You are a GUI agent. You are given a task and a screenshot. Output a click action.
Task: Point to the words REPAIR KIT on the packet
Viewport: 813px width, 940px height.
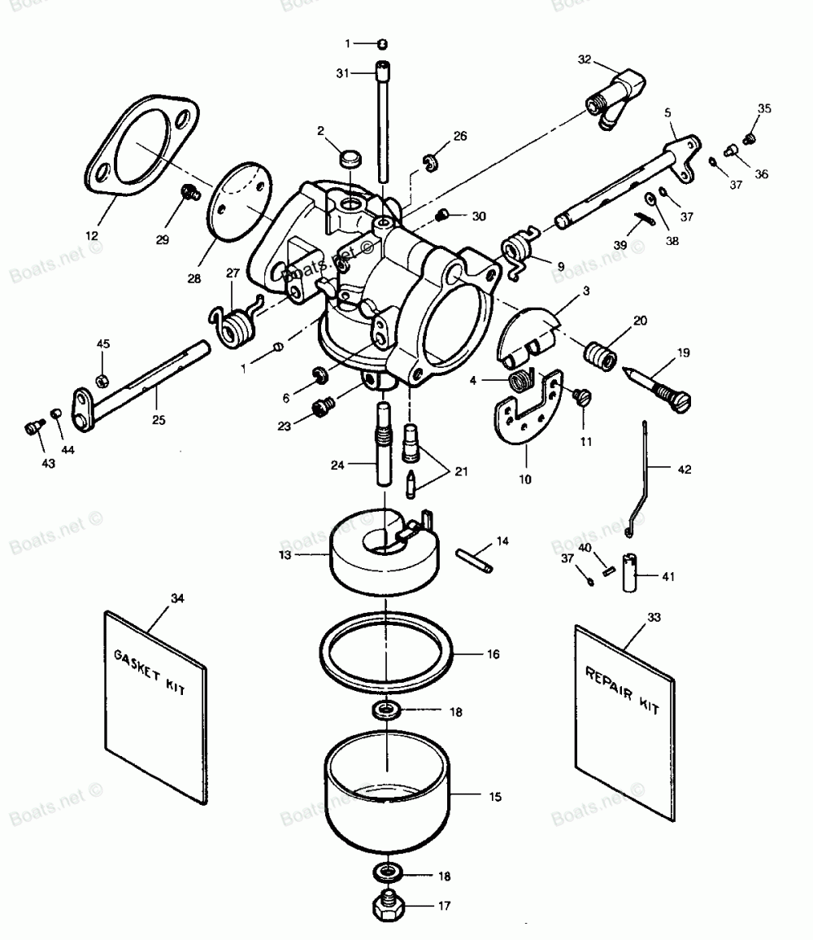click(622, 689)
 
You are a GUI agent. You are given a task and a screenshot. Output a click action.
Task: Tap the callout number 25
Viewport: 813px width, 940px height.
click(159, 420)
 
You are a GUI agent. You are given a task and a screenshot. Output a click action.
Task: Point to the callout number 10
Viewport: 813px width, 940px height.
click(524, 479)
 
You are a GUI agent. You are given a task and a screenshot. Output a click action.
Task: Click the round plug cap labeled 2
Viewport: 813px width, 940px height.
click(350, 156)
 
